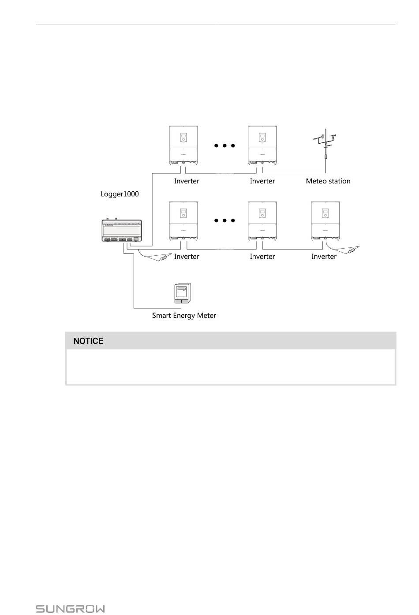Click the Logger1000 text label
[120, 194]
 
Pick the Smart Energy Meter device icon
[183, 293]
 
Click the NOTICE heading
[88, 341]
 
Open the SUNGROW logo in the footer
[70, 609]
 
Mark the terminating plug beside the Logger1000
[165, 257]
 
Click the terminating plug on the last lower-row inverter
[352, 251]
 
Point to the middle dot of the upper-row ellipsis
[224, 145]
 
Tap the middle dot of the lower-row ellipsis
[224, 220]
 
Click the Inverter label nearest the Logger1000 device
[187, 257]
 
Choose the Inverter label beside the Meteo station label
[262, 181]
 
